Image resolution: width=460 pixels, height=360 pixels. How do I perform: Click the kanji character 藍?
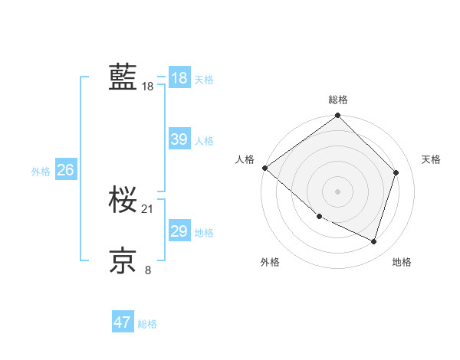pos(123,77)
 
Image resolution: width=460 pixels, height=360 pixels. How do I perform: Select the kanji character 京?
pos(123,260)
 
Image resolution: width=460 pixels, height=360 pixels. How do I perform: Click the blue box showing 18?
pos(179,78)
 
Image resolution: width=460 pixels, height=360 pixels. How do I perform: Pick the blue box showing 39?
pos(179,139)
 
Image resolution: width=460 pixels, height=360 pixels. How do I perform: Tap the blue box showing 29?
pos(179,231)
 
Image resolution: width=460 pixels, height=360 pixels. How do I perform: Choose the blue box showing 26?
pos(65,170)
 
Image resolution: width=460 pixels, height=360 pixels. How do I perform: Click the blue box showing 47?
pos(122,322)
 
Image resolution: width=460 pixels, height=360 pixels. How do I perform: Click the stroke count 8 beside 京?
pos(148,269)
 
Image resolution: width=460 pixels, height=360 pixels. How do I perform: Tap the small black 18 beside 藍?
pos(148,87)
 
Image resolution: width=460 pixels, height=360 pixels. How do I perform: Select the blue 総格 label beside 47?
pos(147,324)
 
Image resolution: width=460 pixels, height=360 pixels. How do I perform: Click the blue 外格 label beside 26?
pos(41,172)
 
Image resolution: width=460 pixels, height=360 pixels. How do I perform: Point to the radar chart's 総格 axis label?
pos(338,100)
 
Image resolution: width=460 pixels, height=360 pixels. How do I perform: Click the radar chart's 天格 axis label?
pos(431,159)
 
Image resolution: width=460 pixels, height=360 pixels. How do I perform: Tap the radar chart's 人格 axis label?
pos(245,159)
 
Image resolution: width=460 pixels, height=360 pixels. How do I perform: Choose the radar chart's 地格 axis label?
pos(402,262)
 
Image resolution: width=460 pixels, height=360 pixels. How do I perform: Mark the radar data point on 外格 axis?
pos(319,217)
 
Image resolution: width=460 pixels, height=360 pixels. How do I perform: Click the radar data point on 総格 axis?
pos(338,116)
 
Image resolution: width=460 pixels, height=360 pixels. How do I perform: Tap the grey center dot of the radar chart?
pos(338,191)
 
